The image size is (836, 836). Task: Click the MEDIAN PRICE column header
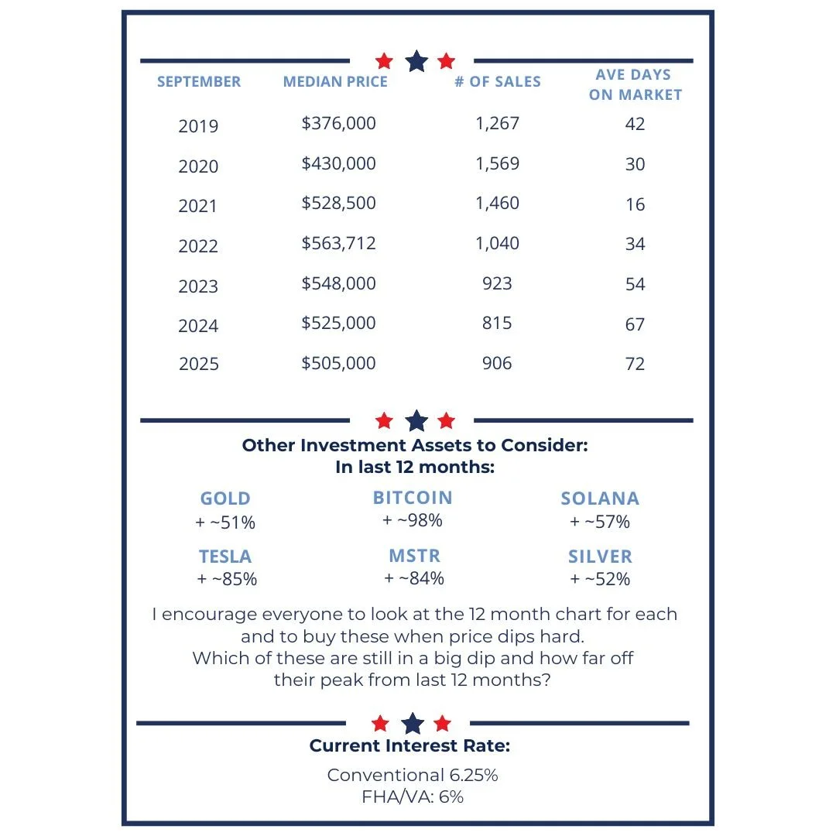point(335,81)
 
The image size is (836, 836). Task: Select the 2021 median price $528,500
point(339,204)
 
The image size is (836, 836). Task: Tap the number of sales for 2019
point(498,123)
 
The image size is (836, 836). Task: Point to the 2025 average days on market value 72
point(635,364)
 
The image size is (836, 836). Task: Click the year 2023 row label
point(198,286)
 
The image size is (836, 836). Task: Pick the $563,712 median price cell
point(339,244)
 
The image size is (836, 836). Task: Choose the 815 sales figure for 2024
point(497,324)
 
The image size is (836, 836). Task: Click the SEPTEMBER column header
point(199,81)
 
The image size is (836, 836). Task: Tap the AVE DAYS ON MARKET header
point(636,85)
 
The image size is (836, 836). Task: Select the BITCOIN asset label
point(413,498)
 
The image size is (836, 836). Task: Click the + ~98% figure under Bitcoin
point(413,521)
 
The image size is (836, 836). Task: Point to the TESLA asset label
point(225,557)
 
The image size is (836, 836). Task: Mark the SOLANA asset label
point(600,499)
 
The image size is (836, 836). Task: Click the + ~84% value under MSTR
point(414,578)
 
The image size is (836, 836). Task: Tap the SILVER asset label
point(600,557)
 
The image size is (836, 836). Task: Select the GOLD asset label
point(225,499)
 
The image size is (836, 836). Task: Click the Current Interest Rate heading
point(409,746)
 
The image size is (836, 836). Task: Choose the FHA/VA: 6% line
point(413,797)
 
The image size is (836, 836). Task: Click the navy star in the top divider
point(416,61)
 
